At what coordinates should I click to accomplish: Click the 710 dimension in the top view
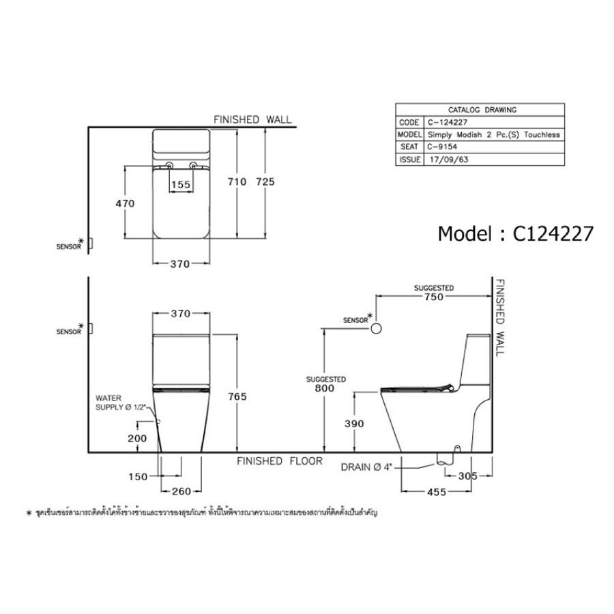(237, 182)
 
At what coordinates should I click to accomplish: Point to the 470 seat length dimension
(125, 203)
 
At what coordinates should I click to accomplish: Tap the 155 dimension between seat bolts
(180, 184)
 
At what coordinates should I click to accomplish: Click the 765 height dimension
(237, 396)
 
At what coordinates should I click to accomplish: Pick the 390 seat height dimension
(355, 424)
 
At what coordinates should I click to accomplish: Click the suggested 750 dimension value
(434, 297)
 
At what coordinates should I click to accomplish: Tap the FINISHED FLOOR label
(280, 462)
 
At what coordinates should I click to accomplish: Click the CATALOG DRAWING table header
(482, 109)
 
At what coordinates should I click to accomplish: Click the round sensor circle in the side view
(375, 329)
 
